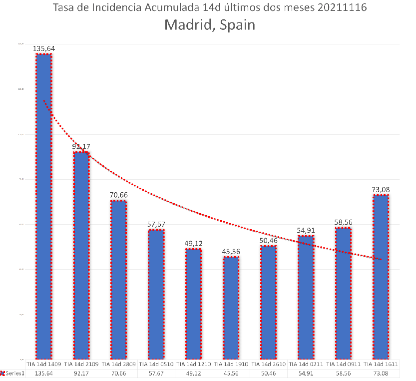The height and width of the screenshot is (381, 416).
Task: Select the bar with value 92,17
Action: (81, 255)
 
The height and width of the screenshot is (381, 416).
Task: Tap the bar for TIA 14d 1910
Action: (231, 308)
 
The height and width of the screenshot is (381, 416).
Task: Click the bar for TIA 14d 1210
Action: (193, 304)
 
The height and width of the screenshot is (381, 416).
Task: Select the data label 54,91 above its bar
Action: (306, 231)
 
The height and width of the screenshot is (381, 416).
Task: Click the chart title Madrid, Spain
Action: (210, 24)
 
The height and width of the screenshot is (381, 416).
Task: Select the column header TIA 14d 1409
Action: (43, 365)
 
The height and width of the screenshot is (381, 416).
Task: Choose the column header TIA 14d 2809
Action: (118, 365)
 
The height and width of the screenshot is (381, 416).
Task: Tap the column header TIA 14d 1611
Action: (381, 365)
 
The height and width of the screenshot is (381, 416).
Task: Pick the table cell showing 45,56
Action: (231, 373)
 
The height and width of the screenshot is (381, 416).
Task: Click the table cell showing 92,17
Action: (81, 373)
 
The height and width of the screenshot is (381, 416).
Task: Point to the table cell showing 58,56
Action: (343, 373)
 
